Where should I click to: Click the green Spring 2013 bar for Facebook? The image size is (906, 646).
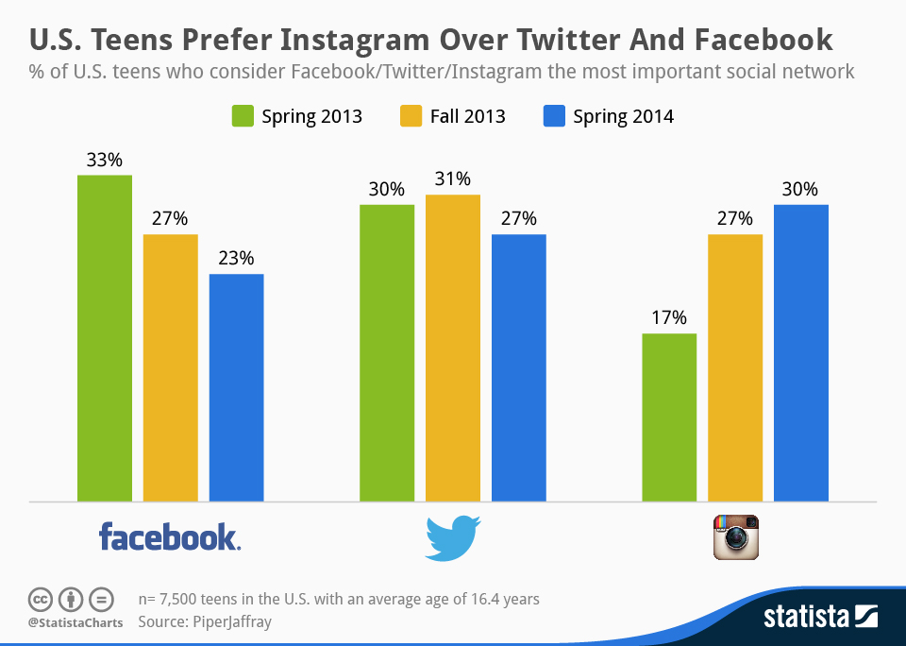[x=105, y=338]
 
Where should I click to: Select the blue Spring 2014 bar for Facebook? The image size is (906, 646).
[x=236, y=387]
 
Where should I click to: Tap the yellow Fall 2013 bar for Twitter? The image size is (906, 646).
[x=453, y=348]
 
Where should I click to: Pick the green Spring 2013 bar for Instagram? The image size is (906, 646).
[x=669, y=416]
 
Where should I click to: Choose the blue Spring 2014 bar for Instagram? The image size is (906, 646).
[x=801, y=352]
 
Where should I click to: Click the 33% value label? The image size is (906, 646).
[x=105, y=160]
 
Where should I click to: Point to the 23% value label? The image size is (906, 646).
[x=236, y=259]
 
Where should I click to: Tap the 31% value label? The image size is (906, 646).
[x=453, y=179]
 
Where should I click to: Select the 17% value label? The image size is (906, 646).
[x=669, y=318]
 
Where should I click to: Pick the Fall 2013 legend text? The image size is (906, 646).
[x=467, y=116]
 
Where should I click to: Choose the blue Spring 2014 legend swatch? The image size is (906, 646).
[x=554, y=116]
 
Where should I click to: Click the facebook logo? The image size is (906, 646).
[x=170, y=537]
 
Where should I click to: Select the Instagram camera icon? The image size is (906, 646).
[x=736, y=538]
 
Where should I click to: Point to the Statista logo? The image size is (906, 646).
[x=820, y=618]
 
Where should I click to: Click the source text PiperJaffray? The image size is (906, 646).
[x=230, y=621]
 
